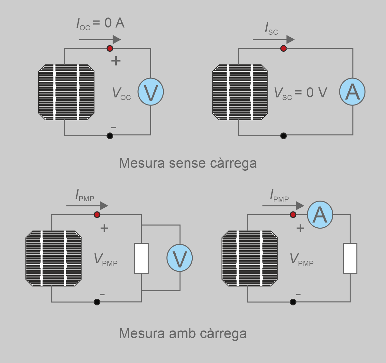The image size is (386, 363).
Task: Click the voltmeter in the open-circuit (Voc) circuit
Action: tap(151, 92)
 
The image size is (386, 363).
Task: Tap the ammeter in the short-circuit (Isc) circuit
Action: tap(352, 92)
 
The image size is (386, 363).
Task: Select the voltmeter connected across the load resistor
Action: tap(179, 258)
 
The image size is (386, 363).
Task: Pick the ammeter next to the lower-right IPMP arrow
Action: tap(320, 214)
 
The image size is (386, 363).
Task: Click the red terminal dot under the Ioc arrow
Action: tap(110, 49)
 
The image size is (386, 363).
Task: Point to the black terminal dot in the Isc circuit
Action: tap(283, 136)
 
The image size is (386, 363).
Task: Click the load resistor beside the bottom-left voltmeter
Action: tap(141, 258)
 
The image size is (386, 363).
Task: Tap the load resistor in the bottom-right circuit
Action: tap(350, 258)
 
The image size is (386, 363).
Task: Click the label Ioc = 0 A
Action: tap(100, 23)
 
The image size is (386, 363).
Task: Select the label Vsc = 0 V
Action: tap(300, 93)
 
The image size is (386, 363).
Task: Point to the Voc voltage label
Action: tap(121, 94)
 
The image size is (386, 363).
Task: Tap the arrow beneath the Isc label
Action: tap(273, 40)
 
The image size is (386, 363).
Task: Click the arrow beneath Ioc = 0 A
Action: tap(100, 40)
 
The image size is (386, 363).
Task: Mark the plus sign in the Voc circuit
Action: tap(116, 61)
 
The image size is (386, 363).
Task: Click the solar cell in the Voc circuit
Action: tap(67, 92)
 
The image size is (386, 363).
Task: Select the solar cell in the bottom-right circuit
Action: tap(250, 258)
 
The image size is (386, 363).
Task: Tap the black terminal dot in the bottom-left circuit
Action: tap(97, 302)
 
